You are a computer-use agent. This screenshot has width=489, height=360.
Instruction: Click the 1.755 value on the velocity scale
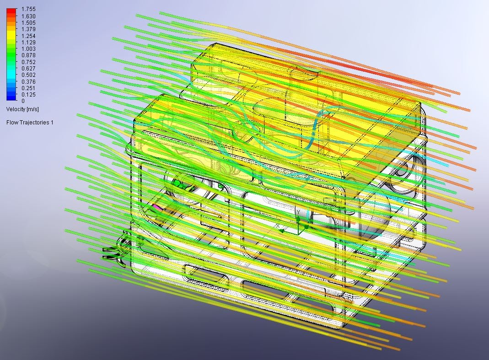coord(28,9)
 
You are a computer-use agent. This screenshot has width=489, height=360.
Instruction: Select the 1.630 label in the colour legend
coord(28,16)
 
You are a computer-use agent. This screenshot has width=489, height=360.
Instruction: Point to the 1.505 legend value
coord(28,23)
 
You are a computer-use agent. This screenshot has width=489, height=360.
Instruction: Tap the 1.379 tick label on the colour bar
coord(28,29)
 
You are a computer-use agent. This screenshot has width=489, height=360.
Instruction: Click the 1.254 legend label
coord(28,36)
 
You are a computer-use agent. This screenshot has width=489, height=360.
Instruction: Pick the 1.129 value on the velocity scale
coord(28,43)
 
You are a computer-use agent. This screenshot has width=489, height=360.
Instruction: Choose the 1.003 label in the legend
coord(28,49)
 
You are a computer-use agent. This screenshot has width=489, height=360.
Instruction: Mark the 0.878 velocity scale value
coord(28,55)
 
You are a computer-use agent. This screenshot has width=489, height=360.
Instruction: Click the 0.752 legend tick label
coord(28,62)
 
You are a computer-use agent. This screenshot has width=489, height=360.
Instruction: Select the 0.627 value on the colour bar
coord(28,69)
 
